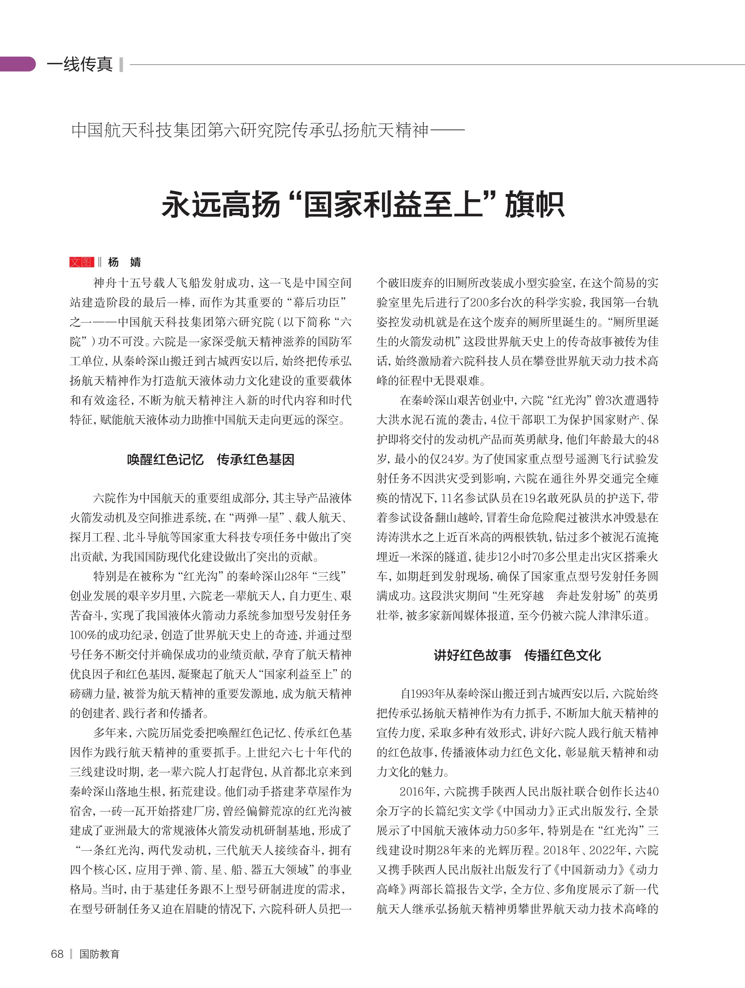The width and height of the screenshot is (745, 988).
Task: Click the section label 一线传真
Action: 80,64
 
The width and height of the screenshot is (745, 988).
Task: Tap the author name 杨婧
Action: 124,262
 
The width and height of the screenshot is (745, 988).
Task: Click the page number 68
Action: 57,954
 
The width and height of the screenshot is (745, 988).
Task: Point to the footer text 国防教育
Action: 99,954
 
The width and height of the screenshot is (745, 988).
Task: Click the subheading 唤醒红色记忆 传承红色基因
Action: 210,460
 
